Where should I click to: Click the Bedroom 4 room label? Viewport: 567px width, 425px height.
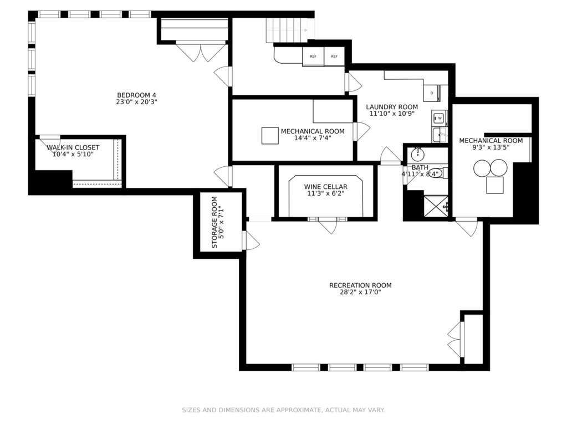(x=136, y=95)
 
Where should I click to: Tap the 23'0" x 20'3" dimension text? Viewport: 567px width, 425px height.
(x=136, y=102)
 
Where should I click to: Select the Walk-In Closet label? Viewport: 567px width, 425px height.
(x=73, y=147)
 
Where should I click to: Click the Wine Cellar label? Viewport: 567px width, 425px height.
(x=325, y=187)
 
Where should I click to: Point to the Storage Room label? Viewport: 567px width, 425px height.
(x=214, y=222)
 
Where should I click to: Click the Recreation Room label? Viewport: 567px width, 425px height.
(x=360, y=285)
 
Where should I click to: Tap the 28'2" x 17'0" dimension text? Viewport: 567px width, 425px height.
(x=360, y=292)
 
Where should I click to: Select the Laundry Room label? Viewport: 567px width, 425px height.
(x=392, y=107)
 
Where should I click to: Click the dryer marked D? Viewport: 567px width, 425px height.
(x=431, y=93)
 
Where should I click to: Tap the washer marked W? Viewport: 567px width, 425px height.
(x=440, y=118)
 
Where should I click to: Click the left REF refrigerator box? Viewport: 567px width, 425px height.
(x=313, y=57)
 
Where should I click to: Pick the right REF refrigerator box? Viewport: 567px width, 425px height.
(x=334, y=57)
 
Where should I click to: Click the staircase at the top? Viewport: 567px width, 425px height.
(x=290, y=30)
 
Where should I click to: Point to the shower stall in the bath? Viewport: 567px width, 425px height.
(x=436, y=206)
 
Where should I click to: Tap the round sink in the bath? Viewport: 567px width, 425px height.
(x=418, y=155)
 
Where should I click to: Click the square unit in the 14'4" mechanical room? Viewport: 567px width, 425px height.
(x=270, y=136)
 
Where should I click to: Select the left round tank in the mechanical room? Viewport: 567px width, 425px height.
(x=482, y=168)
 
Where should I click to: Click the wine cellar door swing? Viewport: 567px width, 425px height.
(x=328, y=226)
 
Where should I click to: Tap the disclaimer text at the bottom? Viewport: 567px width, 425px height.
(x=283, y=410)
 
